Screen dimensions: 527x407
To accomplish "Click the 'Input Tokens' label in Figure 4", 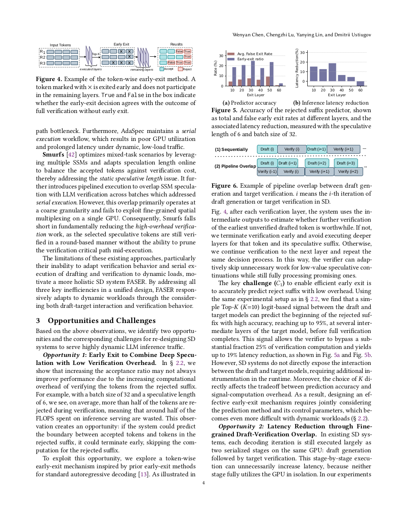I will [x=60, y=45].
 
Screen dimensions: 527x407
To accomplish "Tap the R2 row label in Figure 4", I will [x=42, y=57].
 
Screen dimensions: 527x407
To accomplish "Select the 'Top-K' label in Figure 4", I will [x=96, y=54].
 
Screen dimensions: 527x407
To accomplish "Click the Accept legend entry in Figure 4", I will [x=167, y=69].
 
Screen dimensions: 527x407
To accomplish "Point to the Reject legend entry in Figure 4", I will [x=185, y=69].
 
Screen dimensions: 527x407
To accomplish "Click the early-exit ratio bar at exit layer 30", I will [x=253, y=73].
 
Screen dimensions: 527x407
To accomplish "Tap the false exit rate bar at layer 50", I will [x=268, y=81].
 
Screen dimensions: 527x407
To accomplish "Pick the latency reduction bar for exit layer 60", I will [x=360, y=83].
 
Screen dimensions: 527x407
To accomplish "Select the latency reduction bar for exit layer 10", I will [x=314, y=74].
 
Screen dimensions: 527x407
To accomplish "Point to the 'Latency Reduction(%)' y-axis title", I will [x=297, y=68].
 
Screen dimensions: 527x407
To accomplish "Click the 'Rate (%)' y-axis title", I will [x=215, y=68].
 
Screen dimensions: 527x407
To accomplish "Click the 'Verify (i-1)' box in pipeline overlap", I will [x=267, y=172].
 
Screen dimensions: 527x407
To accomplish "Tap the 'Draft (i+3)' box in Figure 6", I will [x=346, y=163].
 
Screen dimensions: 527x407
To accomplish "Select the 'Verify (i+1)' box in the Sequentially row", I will [x=343, y=149].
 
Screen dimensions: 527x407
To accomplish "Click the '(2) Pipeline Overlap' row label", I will [x=235, y=166].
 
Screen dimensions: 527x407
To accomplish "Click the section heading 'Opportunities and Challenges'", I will [x=101, y=321].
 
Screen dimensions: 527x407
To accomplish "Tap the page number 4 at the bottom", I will [x=203, y=483].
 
